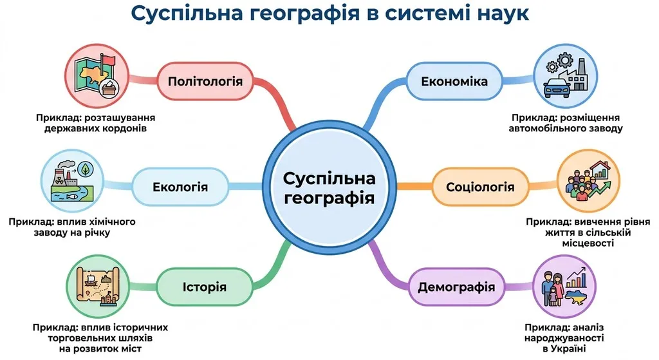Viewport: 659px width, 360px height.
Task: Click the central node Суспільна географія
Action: coord(329,187)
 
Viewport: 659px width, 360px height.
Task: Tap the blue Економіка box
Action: coord(454,81)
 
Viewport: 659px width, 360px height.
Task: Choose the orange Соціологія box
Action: coord(480,187)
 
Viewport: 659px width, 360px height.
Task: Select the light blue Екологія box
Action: coord(180,187)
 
